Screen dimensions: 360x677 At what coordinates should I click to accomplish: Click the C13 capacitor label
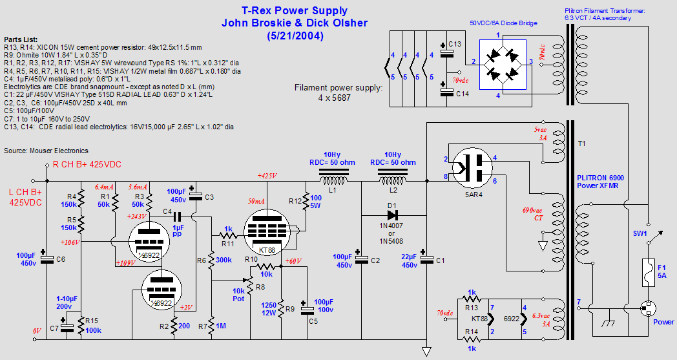(455, 43)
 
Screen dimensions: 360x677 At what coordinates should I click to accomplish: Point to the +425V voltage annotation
(267, 176)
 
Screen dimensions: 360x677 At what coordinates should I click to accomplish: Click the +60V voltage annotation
(294, 261)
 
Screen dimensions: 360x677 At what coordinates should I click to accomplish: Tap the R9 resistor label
(289, 309)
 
